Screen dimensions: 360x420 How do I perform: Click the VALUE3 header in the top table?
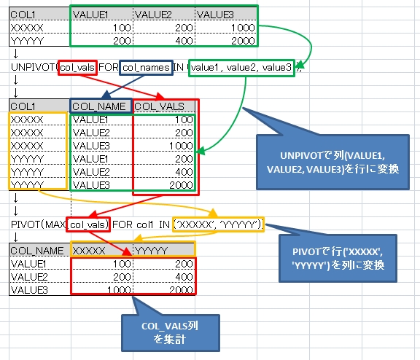217,12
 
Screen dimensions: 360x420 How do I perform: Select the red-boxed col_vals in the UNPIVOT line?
77,68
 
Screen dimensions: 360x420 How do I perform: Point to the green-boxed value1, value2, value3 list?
241,68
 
